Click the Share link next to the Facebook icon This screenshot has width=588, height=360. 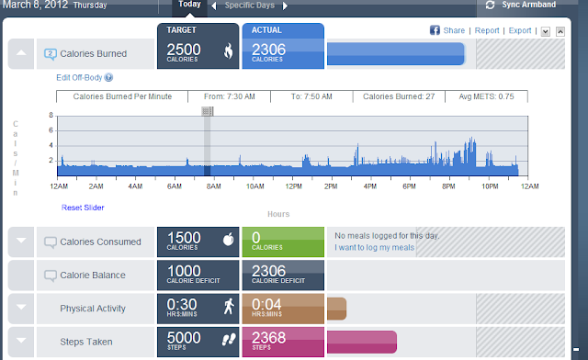tap(454, 30)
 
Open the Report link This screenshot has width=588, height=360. tap(487, 30)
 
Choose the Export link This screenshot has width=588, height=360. tap(520, 30)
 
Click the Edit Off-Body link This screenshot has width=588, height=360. tap(79, 78)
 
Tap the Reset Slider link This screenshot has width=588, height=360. tap(83, 208)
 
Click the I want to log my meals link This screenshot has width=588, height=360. tap(374, 248)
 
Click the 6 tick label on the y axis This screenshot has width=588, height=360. tap(51, 130)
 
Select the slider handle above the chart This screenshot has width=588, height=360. tap(208, 111)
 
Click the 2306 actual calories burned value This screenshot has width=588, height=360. tap(268, 50)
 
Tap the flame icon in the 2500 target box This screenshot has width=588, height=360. tap(229, 51)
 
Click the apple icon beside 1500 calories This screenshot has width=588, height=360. tap(229, 239)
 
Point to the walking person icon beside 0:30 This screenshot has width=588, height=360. tap(229, 306)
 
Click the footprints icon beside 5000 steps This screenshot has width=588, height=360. tap(229, 340)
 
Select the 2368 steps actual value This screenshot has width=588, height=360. tap(268, 338)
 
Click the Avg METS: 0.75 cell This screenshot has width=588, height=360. tap(486, 96)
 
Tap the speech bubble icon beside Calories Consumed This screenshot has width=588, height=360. tap(51, 242)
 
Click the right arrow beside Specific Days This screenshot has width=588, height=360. tap(285, 6)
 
